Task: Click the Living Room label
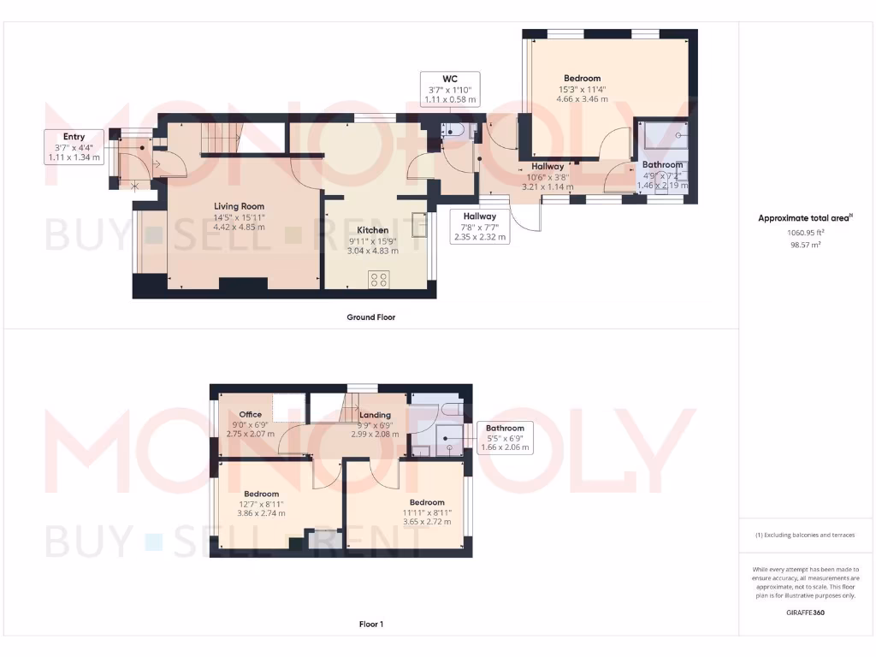pos(239,206)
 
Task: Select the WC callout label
pos(449,79)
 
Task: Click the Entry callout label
pos(74,137)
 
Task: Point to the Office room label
pos(251,415)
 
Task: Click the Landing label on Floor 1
pos(375,415)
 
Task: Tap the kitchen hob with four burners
pos(379,280)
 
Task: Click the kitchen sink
pos(418,224)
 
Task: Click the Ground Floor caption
pos(370,317)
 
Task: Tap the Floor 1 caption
pos(371,624)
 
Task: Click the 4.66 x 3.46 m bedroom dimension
pos(582,99)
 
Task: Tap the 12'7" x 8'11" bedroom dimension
pos(261,504)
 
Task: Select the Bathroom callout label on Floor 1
pos(505,428)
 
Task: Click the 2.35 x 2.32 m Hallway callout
pos(480,236)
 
